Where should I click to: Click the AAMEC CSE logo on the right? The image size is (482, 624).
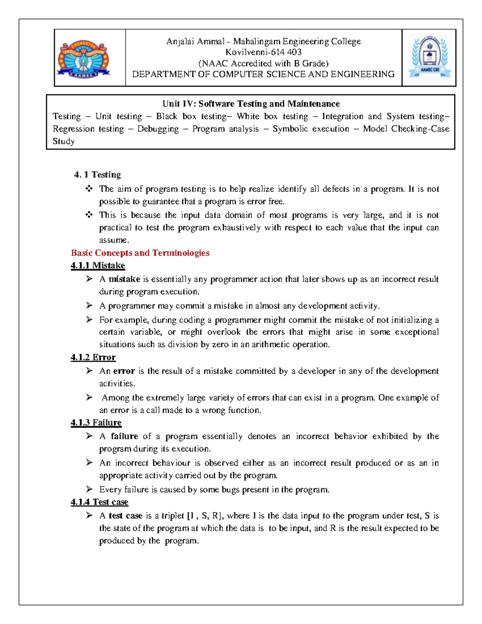(429, 57)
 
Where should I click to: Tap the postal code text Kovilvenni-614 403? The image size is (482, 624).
(263, 52)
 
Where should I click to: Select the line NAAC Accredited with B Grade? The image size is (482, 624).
(263, 63)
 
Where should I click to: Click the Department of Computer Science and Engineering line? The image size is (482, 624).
(263, 74)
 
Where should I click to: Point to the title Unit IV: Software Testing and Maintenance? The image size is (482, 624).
(251, 104)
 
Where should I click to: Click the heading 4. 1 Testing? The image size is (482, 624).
(97, 175)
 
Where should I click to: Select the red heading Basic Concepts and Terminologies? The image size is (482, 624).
(140, 253)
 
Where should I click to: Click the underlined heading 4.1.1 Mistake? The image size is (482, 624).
(98, 266)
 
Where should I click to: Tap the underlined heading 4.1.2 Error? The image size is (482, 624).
(93, 358)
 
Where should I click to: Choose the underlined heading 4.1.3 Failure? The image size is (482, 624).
(96, 423)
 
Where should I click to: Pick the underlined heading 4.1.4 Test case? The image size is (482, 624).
(100, 502)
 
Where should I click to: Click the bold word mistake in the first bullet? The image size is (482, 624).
(124, 279)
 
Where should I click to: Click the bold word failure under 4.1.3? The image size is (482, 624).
(124, 436)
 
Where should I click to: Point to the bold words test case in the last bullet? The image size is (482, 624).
(125, 516)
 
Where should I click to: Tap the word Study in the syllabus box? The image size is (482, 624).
(63, 141)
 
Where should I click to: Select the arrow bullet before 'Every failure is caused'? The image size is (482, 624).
(89, 489)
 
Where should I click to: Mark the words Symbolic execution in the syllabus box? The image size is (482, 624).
(310, 129)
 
